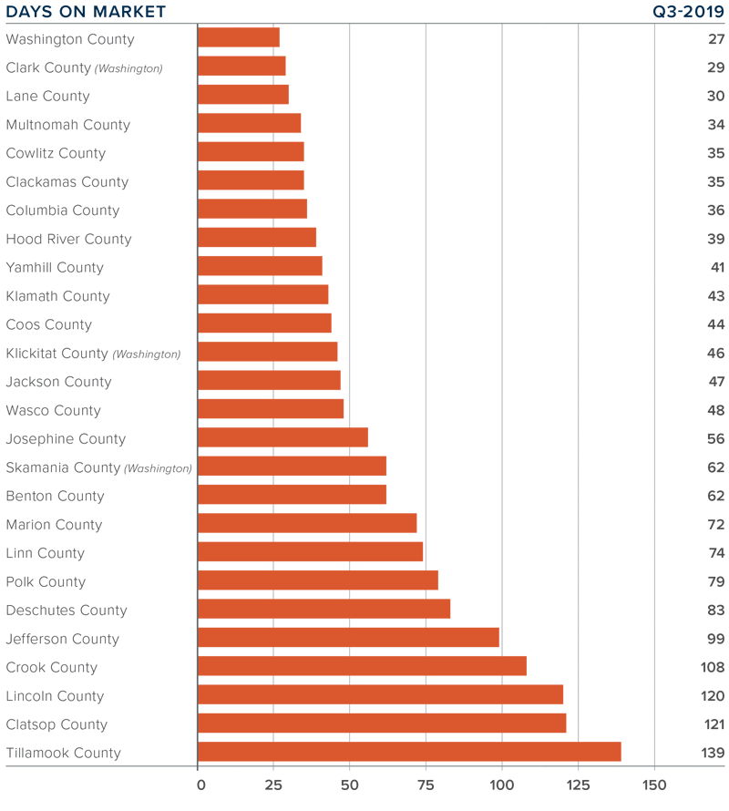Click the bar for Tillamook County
[409, 752]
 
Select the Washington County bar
[239, 37]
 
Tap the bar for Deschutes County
[323, 609]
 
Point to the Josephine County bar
[282, 437]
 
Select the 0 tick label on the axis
[199, 785]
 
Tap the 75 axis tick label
[426, 785]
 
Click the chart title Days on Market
[86, 12]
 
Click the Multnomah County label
[68, 125]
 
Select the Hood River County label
[68, 239]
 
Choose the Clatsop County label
[56, 724]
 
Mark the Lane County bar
[243, 95]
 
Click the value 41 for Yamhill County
[716, 268]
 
